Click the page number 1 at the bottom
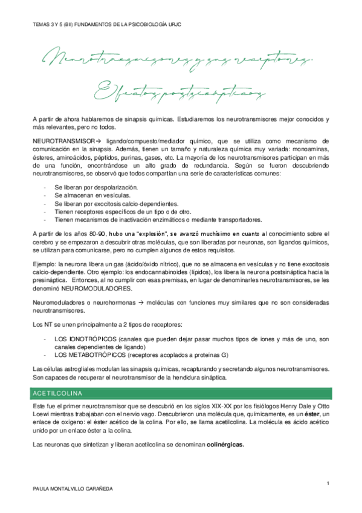pos(328,483)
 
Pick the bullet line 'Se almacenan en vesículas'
pos(83,196)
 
